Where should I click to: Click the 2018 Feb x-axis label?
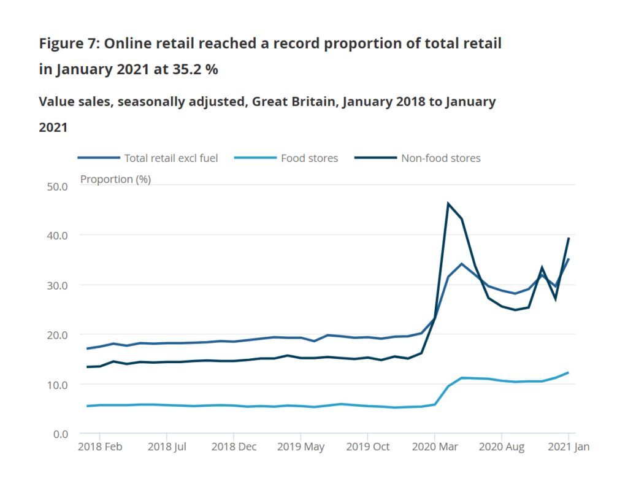coord(100,447)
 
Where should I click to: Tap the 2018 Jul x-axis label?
coord(167,447)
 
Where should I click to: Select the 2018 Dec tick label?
coord(234,447)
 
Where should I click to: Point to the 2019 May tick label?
coord(301,447)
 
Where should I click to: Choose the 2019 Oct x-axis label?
coord(367,447)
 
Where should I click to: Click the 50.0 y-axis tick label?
coord(57,186)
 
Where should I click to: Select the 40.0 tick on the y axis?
coord(57,236)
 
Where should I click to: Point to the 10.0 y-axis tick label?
coord(57,385)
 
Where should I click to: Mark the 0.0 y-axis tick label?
coord(59,434)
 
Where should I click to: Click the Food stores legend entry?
coord(309,158)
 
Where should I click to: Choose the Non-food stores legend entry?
coord(440,158)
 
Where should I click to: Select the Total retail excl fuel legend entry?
coord(170,158)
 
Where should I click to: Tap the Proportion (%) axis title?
coord(116,179)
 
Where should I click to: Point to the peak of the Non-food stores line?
coord(448,204)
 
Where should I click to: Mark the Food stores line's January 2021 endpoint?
coord(569,372)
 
